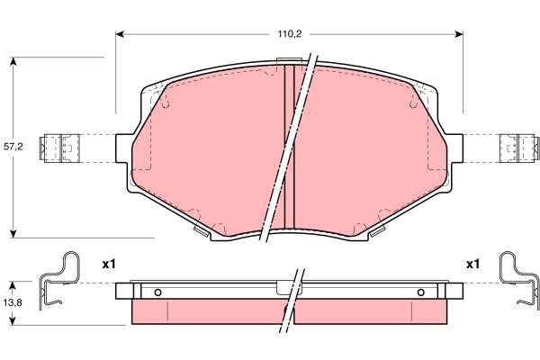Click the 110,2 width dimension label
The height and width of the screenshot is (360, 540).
[x=288, y=33]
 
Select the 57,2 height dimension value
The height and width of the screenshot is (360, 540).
[x=13, y=145]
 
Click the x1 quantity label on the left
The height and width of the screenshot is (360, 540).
[x=109, y=265]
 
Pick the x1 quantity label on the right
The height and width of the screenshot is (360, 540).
[x=471, y=265]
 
